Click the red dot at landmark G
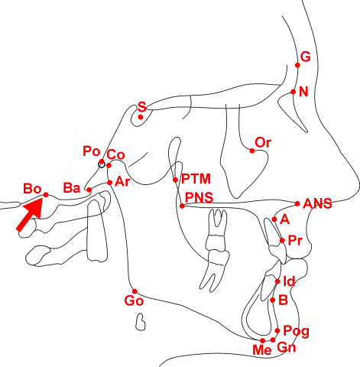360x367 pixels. tap(297, 65)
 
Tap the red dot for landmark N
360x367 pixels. tap(294, 92)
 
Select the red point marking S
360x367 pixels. tap(141, 117)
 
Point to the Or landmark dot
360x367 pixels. tap(252, 151)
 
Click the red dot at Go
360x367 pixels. tap(135, 291)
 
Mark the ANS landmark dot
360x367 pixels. tap(297, 203)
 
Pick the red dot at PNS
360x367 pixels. tap(182, 206)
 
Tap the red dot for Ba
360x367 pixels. tap(89, 190)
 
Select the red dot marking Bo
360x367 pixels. tap(46, 195)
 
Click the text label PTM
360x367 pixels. tap(196, 179)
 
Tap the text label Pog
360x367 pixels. tap(297, 331)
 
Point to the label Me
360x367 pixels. tap(262, 350)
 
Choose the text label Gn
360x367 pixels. tap(287, 347)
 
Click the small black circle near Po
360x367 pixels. tap(102, 164)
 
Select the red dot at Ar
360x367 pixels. tap(110, 183)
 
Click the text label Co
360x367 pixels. tap(115, 154)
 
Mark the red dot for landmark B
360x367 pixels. tap(273, 300)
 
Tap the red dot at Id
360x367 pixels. tap(277, 281)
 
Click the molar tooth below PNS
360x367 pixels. tap(216, 250)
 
